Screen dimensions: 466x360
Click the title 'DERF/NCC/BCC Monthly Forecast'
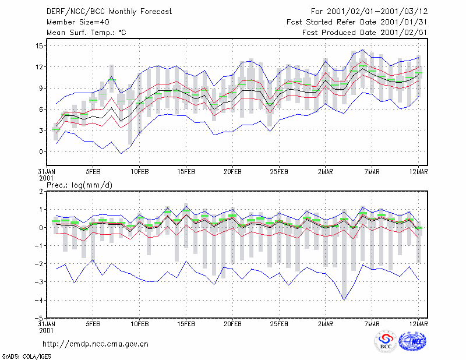tap(109, 12)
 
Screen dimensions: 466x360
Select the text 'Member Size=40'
tap(78, 22)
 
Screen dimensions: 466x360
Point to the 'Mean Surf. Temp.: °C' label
tap(86, 33)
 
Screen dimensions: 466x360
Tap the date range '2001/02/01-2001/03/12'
tap(377, 12)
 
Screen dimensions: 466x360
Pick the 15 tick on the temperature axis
tap(39, 46)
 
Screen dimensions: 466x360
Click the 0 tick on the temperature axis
tap(41, 151)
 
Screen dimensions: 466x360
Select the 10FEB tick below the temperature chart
tap(140, 172)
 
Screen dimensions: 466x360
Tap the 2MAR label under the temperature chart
tap(326, 172)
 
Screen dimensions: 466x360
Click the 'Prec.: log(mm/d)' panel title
tap(79, 185)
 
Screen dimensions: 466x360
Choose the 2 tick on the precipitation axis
tap(41, 192)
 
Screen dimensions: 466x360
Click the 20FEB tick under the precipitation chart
tap(232, 324)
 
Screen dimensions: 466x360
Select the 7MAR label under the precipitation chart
tap(372, 324)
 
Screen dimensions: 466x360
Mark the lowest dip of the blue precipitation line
tap(344, 300)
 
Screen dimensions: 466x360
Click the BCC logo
tap(386, 343)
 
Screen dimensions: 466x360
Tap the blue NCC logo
tap(412, 342)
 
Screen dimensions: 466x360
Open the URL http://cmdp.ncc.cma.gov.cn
tap(96, 344)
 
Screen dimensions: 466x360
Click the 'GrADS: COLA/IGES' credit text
tap(27, 357)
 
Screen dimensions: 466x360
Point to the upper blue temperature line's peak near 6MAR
tap(362, 50)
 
